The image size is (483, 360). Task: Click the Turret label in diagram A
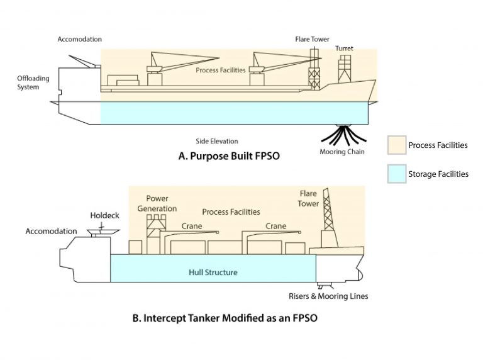[343, 48]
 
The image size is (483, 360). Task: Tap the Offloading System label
[28, 82]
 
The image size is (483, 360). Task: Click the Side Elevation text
[217, 141]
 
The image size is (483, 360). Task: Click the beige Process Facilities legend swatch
[396, 145]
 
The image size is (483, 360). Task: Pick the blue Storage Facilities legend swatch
[396, 174]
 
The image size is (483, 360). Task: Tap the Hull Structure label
[213, 272]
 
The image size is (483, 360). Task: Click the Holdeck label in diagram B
[104, 215]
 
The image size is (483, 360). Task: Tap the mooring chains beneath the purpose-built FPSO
[343, 134]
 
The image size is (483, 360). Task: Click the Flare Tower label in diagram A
[312, 39]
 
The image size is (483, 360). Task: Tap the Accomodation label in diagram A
[79, 39]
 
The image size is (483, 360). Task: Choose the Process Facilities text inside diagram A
[220, 70]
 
